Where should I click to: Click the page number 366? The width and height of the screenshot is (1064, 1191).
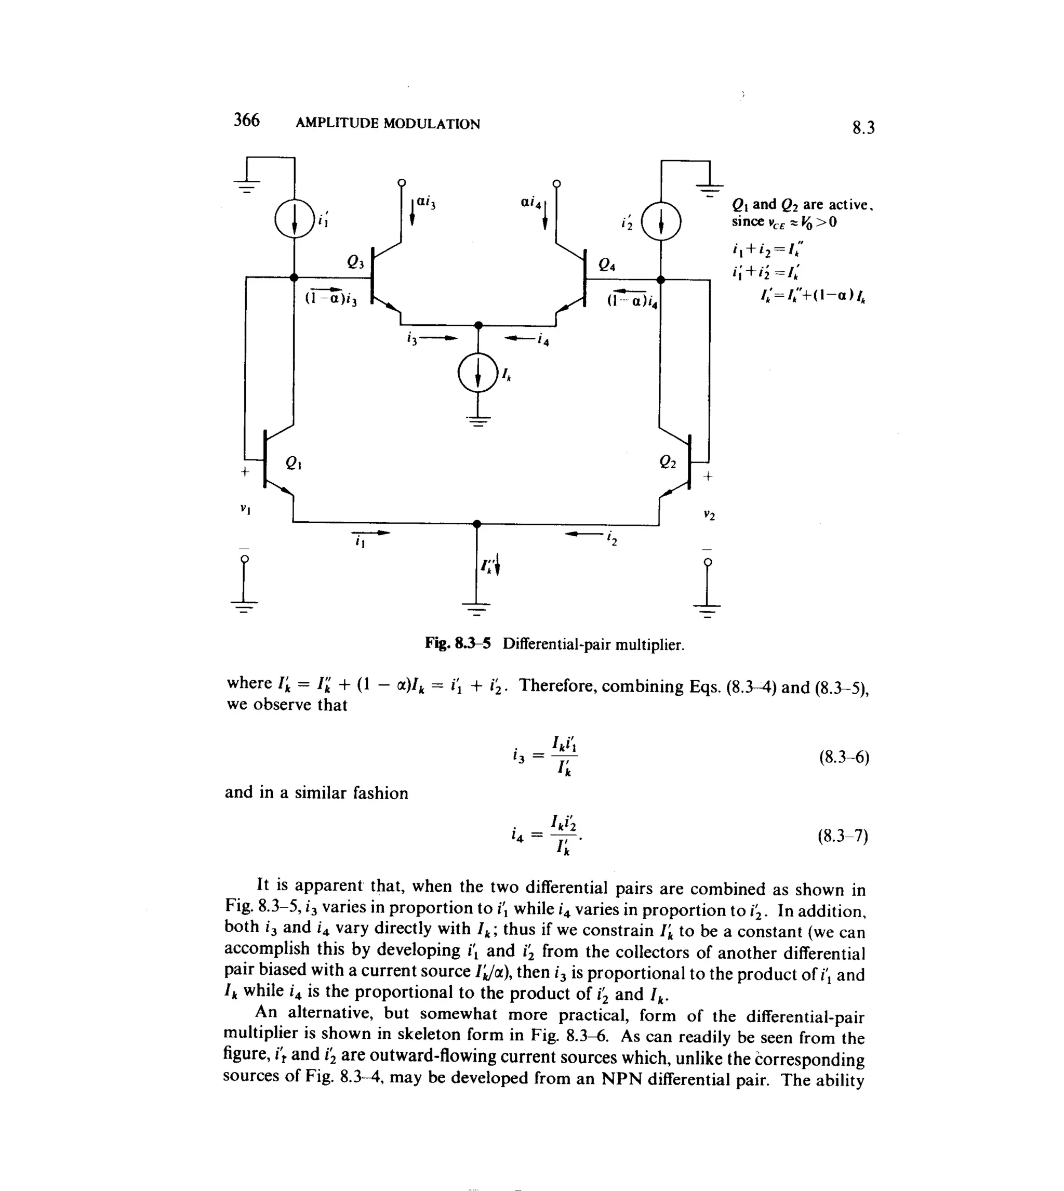tap(246, 121)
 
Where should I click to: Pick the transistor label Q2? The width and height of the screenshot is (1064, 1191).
tap(667, 462)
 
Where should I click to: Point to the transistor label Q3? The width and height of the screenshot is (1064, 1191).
tap(355, 262)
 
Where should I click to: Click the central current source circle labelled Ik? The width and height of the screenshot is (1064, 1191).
tap(478, 374)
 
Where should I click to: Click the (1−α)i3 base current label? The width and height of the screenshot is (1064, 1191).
tap(331, 298)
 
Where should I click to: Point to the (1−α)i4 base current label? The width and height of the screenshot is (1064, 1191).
tap(632, 300)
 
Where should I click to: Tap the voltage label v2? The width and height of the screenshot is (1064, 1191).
tap(709, 515)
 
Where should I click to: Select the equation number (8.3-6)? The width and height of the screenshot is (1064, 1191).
tap(844, 758)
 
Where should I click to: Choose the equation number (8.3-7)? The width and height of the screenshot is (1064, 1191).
tap(843, 836)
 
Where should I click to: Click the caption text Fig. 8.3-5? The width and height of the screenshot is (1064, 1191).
tap(457, 644)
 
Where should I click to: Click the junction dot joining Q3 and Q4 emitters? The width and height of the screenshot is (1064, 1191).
tap(478, 325)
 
